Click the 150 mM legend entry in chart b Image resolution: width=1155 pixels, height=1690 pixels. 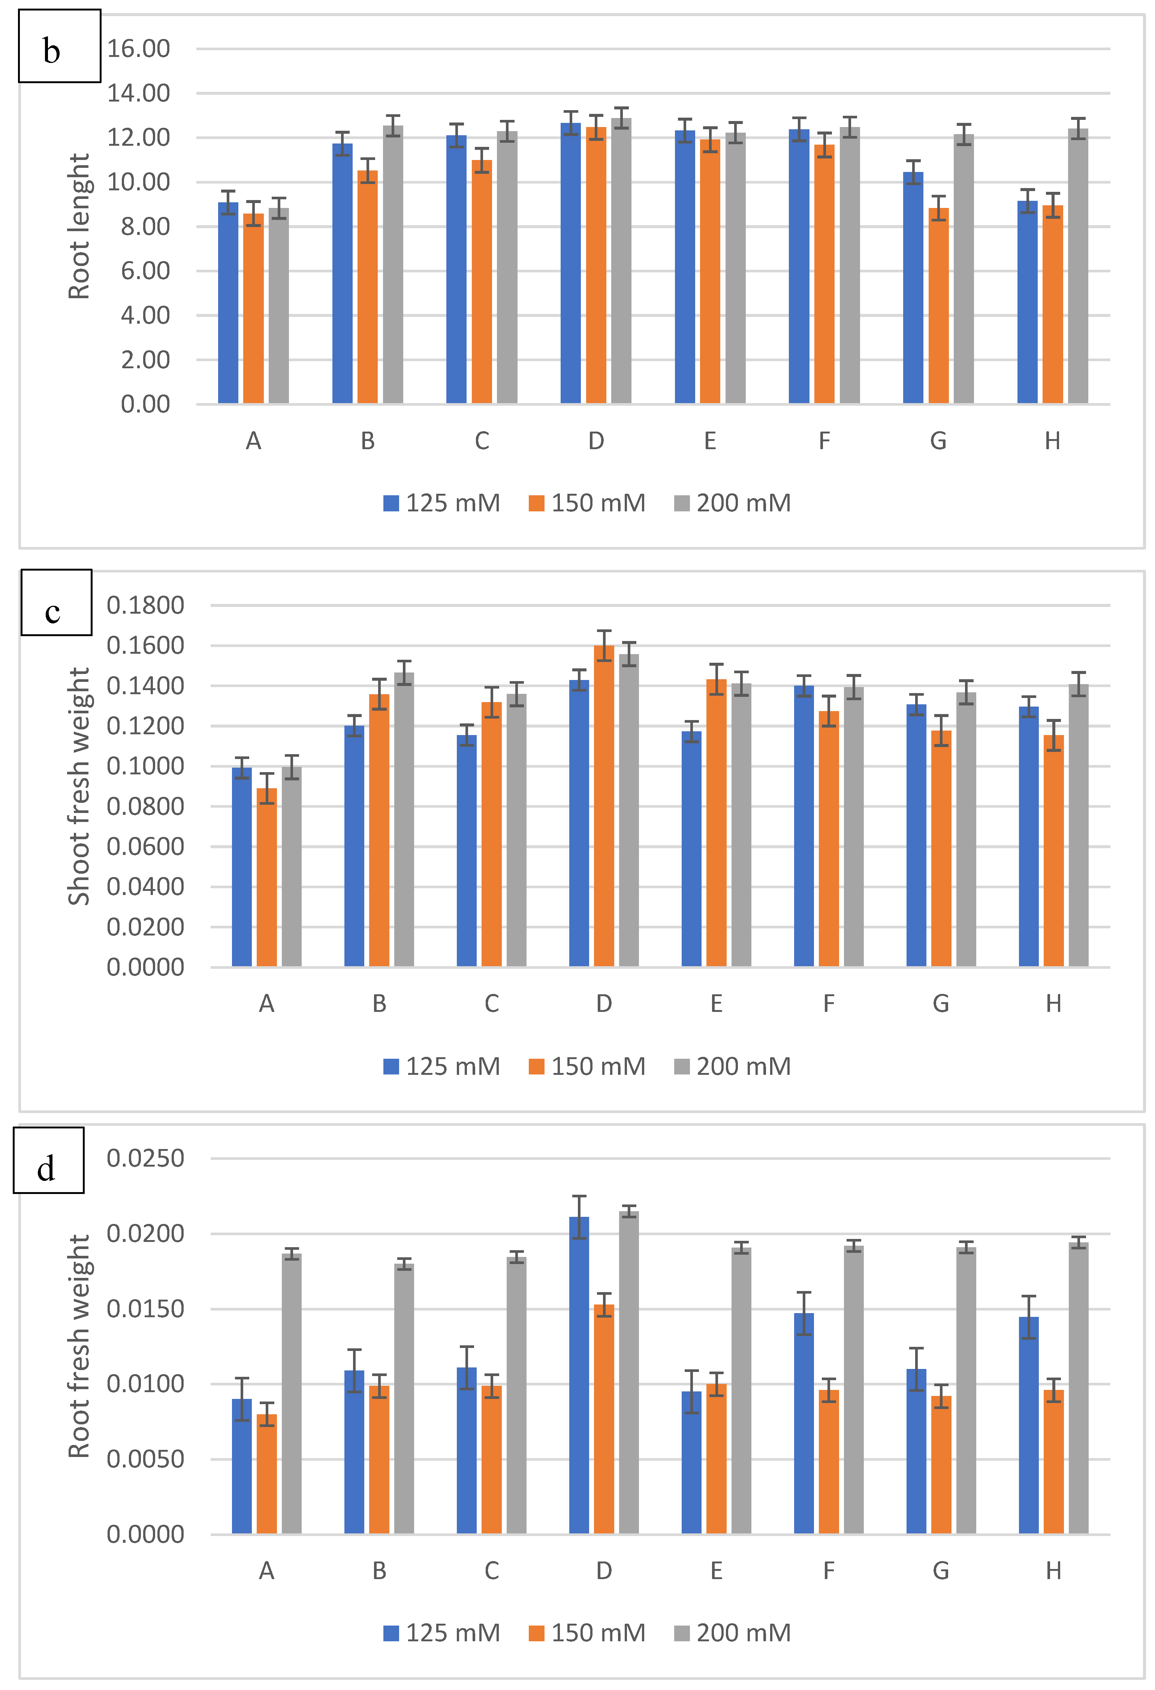click(587, 503)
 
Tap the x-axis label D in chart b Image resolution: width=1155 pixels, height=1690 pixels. click(596, 441)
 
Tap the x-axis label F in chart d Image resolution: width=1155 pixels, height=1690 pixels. click(829, 1571)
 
